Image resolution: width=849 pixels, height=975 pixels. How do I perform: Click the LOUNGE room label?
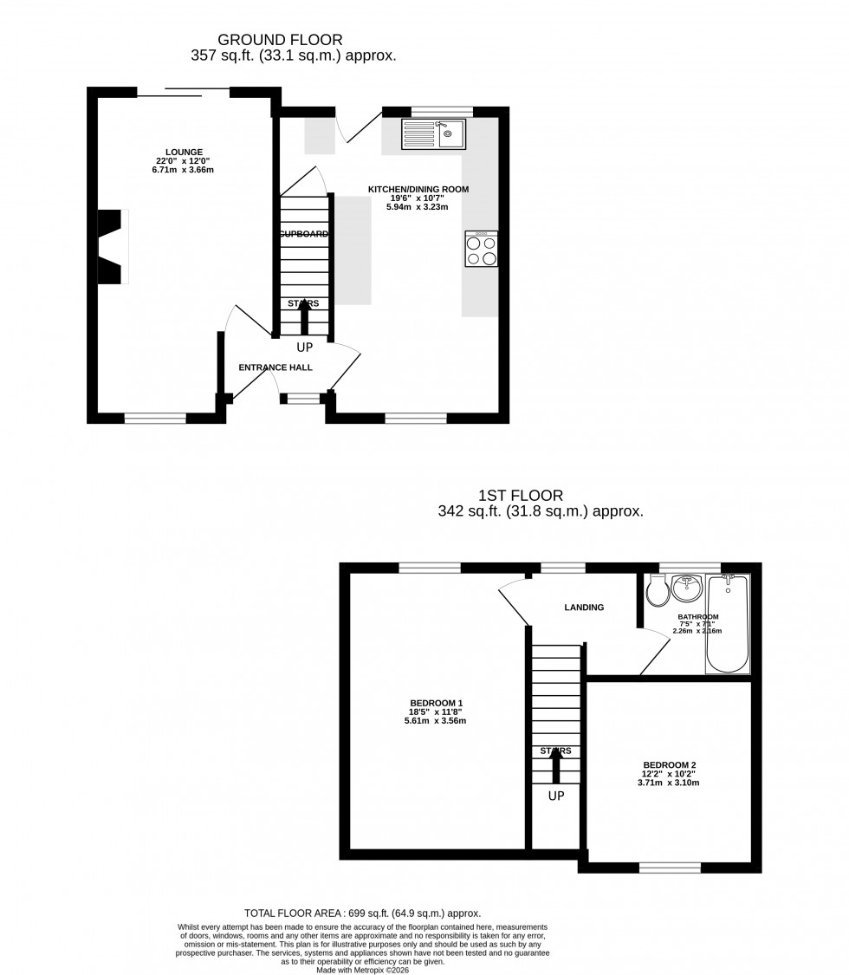(185, 152)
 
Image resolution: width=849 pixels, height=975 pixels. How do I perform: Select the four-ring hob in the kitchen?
(482, 250)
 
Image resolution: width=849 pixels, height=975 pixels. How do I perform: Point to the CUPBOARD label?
(303, 234)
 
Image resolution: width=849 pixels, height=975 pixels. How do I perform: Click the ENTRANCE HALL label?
(275, 367)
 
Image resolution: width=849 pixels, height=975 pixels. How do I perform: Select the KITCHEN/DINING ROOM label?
(418, 189)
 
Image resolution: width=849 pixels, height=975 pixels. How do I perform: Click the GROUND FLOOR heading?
(280, 39)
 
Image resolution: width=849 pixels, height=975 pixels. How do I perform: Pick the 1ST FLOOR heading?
(521, 496)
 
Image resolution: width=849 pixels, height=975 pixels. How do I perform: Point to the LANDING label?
(584, 608)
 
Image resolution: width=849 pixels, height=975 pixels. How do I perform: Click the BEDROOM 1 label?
(436, 703)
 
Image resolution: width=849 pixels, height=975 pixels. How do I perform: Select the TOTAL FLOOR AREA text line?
(362, 913)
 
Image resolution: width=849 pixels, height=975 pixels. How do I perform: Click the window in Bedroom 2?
(670, 868)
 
